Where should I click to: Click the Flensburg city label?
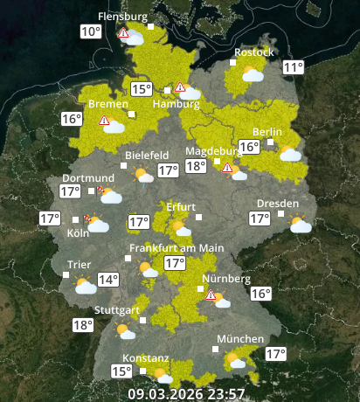click(x=121, y=17)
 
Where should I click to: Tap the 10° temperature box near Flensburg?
click(x=91, y=32)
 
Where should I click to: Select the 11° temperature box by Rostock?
click(x=293, y=68)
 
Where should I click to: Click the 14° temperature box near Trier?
click(x=108, y=281)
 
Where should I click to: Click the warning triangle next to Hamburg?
click(x=180, y=87)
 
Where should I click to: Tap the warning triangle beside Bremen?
click(x=104, y=121)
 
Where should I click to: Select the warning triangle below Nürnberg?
click(x=211, y=296)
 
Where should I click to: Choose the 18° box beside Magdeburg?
click(x=196, y=166)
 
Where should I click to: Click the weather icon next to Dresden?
click(x=301, y=225)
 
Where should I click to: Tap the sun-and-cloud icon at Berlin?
click(x=289, y=154)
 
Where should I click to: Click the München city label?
click(x=240, y=339)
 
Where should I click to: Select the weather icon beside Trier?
click(x=85, y=286)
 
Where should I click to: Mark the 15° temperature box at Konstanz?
click(x=121, y=371)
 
